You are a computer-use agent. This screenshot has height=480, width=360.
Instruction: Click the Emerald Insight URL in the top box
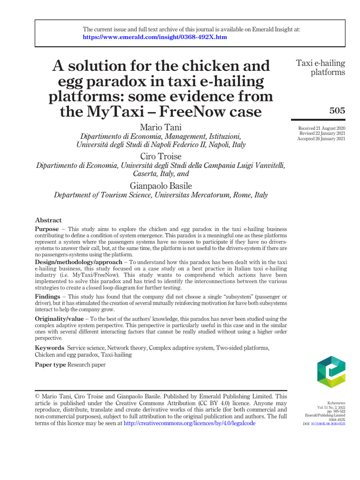coord(155,37)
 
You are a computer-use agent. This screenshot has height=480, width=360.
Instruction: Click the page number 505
coord(337,111)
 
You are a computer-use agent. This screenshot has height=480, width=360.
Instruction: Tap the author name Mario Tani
coord(161,127)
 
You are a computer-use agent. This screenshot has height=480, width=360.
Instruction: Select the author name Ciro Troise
coord(161,156)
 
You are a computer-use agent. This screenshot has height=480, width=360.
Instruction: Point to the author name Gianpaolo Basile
coord(161,186)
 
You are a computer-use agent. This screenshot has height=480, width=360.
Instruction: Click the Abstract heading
coord(48,220)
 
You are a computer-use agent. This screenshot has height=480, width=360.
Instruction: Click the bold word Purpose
coord(46,229)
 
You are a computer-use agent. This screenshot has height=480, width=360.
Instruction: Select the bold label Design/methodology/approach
coord(78,261)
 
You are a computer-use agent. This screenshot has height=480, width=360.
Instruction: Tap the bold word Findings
coord(47,297)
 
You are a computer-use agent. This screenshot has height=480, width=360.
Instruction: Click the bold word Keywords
coord(49,348)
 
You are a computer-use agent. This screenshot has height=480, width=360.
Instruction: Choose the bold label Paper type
coord(51,365)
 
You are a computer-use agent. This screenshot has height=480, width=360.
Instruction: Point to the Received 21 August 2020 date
coord(322,128)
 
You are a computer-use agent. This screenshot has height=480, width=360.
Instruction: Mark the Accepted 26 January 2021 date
coord(322,138)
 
